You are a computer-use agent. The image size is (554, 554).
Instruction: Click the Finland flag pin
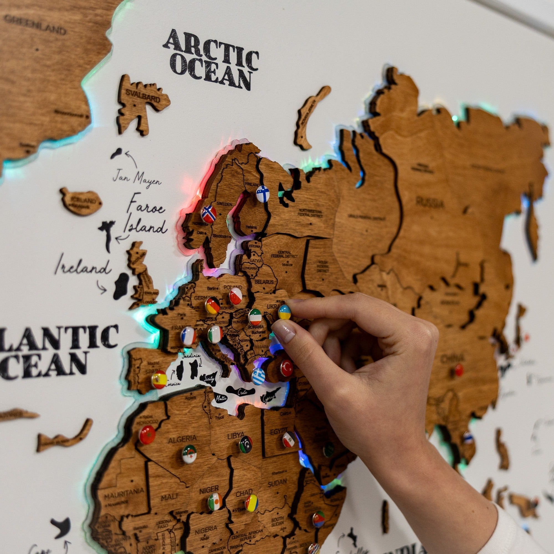(x=263, y=193)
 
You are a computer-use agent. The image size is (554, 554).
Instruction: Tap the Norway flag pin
(x=209, y=214)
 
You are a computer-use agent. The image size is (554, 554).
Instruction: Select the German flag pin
(x=212, y=305)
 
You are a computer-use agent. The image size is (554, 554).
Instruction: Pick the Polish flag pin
(x=235, y=296)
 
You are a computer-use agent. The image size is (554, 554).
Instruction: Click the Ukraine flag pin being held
(x=285, y=312)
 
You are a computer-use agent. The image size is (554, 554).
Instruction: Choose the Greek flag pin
(x=258, y=376)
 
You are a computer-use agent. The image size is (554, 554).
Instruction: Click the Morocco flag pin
(x=147, y=435)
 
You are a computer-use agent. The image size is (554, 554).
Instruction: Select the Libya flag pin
(x=246, y=444)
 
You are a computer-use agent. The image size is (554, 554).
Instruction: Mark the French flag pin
(x=188, y=336)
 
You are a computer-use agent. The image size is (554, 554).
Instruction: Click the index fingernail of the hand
(x=284, y=332)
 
